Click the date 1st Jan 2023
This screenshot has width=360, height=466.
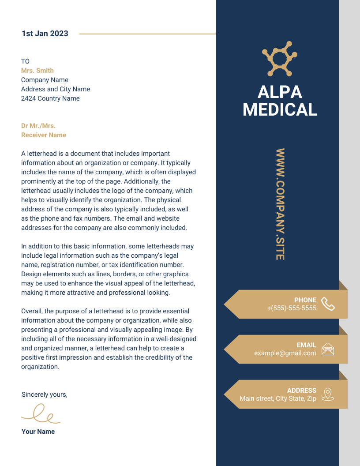click(x=45, y=34)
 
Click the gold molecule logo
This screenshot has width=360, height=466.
click(x=280, y=58)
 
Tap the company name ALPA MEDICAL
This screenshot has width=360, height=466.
click(x=280, y=101)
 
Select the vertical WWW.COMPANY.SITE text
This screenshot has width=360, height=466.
click(x=280, y=204)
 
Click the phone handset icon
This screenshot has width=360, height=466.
click(x=328, y=304)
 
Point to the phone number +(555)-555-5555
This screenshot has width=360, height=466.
click(x=292, y=308)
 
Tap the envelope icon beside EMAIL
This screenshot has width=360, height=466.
click(x=328, y=349)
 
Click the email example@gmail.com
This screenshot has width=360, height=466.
click(x=285, y=353)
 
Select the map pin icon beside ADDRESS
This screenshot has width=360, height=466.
click(x=327, y=394)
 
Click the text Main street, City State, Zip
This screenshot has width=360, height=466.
click(x=278, y=398)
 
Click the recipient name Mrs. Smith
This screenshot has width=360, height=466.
click(x=37, y=71)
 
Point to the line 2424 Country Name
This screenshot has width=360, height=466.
click(x=50, y=98)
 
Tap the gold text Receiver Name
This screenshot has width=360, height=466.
click(x=44, y=135)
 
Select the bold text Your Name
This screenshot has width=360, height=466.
click(x=38, y=432)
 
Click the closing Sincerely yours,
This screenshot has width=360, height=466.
click(x=45, y=395)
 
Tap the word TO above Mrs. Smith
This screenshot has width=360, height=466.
click(x=25, y=61)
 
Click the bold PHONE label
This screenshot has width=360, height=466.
click(x=305, y=300)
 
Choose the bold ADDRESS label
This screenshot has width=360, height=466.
click(x=302, y=391)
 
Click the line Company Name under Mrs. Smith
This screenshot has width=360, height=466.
click(x=45, y=80)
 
